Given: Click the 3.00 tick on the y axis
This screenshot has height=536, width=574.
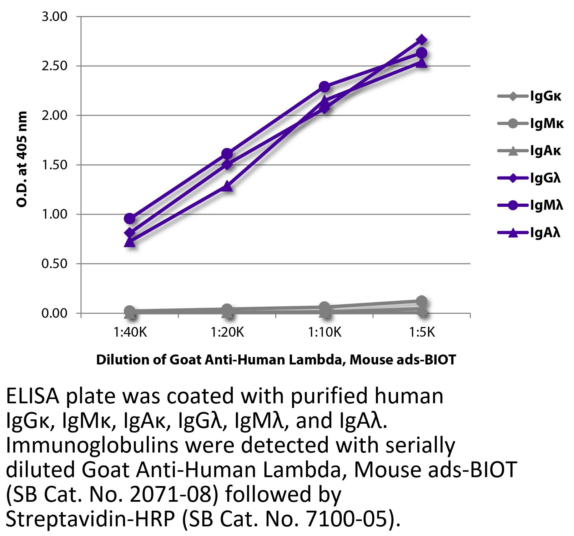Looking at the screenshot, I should [54, 17].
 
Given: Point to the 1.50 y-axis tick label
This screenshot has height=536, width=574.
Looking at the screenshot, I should [54, 165].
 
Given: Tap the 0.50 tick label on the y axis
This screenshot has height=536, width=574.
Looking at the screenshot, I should [54, 264].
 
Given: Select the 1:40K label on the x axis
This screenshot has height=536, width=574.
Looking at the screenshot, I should [130, 333].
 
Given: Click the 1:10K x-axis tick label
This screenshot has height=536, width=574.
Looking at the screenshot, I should [325, 333].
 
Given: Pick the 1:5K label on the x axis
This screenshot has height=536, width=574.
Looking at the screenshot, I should [422, 333].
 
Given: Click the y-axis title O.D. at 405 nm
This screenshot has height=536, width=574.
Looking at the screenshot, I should [22, 159].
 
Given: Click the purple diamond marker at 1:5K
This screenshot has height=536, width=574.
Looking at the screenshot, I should [422, 40].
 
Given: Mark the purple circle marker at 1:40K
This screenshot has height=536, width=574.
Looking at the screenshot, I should [130, 218].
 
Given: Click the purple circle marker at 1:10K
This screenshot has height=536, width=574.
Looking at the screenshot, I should [324, 87].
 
